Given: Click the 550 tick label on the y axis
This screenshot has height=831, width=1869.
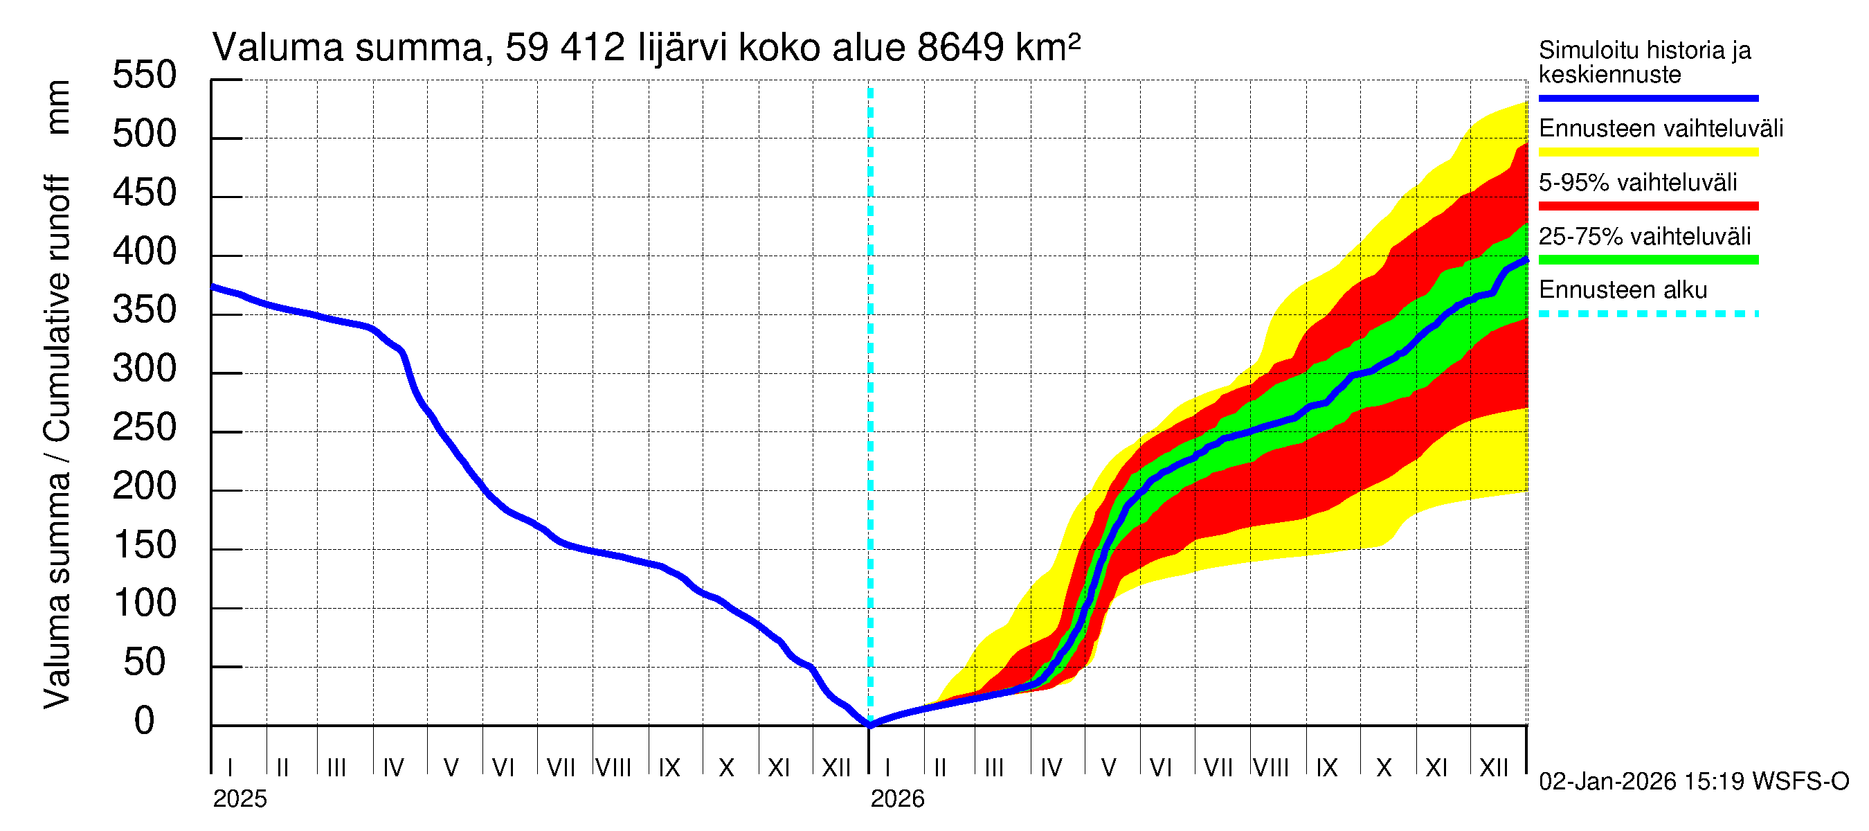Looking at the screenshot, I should [144, 75].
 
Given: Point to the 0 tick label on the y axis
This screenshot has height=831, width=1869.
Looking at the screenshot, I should [144, 722].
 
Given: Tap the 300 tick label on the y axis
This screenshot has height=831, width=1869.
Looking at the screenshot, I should [144, 369].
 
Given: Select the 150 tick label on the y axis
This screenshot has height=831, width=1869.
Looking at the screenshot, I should [144, 546].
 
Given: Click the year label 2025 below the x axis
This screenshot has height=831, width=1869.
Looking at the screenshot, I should [240, 799].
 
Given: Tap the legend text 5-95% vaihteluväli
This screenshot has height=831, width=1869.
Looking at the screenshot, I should [1637, 182].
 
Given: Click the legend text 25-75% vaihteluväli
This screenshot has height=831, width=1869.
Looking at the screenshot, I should [1644, 237].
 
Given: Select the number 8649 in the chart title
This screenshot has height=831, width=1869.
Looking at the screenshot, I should [960, 48].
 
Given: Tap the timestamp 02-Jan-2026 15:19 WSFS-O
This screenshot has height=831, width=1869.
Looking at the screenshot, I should [1693, 782].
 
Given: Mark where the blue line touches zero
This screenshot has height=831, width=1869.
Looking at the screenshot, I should [870, 724].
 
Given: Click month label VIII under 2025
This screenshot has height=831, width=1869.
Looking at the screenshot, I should [613, 768].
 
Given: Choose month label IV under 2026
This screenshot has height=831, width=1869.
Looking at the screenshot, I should [1051, 768].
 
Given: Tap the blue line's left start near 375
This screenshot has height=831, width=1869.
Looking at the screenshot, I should [213, 287].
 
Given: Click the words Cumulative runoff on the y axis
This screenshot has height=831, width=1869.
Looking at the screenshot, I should [57, 308].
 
